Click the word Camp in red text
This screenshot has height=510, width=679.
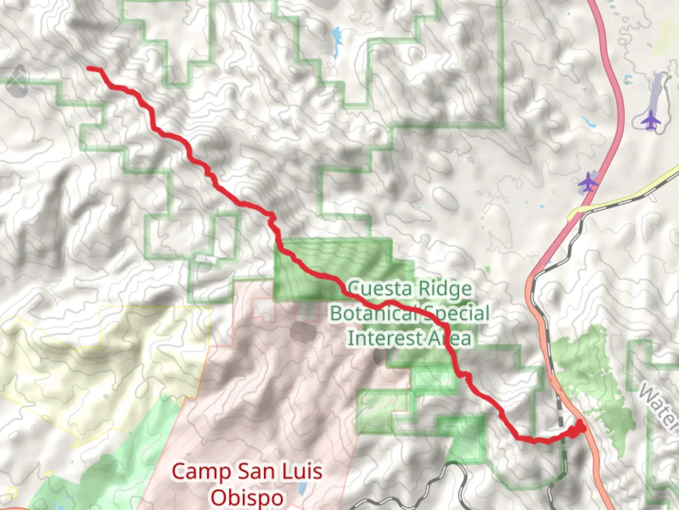click(195, 471)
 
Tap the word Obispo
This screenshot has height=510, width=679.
click(247, 497)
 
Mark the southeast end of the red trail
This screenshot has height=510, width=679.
click(581, 427)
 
